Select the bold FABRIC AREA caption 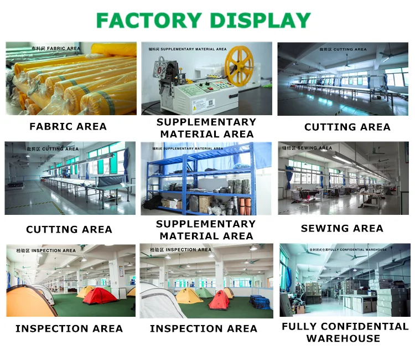68,127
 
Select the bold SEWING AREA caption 342,228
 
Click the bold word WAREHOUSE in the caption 343,338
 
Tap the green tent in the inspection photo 204,292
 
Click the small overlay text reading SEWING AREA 315,148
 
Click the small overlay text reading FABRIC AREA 64,49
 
